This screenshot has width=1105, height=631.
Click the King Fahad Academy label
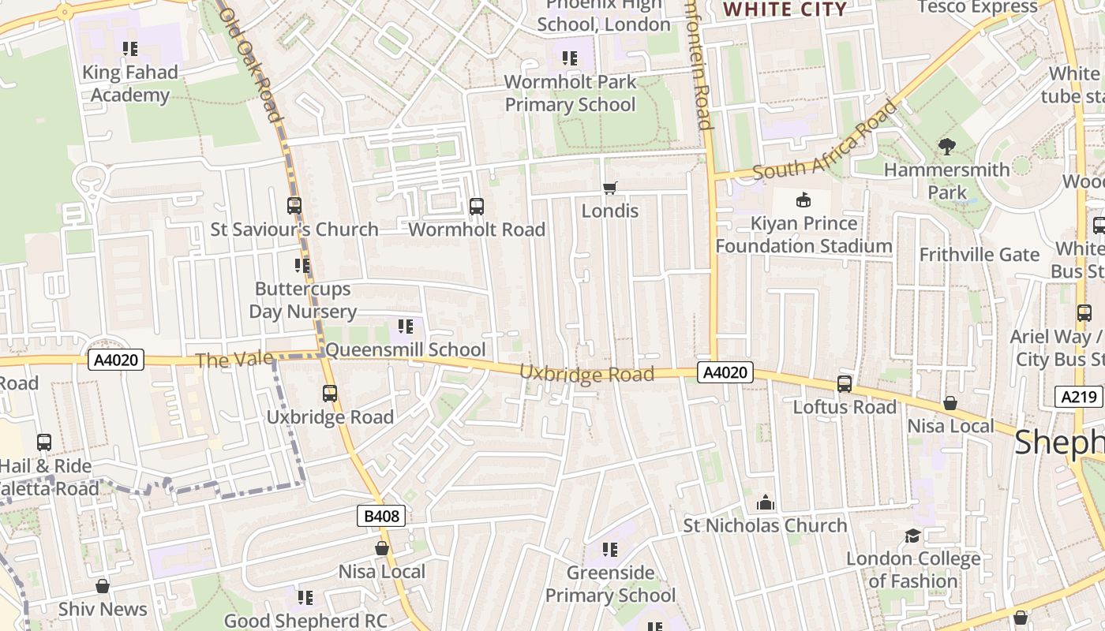tap(130, 84)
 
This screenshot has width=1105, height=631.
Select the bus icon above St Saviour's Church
tap(294, 206)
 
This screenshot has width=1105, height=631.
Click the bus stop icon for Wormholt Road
tap(477, 207)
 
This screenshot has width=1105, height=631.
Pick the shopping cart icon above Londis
tap(609, 188)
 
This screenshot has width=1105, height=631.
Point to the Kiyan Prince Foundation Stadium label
tap(803, 234)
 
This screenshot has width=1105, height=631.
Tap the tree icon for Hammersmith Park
tap(946, 147)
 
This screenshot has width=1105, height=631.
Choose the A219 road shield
tap(1078, 397)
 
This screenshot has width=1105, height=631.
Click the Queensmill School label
tap(406, 349)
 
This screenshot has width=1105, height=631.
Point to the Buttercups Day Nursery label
tap(302, 300)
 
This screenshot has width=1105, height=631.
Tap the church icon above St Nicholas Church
tap(765, 502)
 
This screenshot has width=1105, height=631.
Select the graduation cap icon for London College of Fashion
tap(913, 536)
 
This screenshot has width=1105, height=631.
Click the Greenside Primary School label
tap(610, 584)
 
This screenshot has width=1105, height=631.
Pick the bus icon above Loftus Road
tap(845, 384)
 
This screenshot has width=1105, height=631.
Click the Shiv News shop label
tap(103, 609)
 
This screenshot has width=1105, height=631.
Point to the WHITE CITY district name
tap(785, 9)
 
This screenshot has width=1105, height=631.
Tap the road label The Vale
tap(234, 360)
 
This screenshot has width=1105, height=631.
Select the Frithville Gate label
tap(980, 255)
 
